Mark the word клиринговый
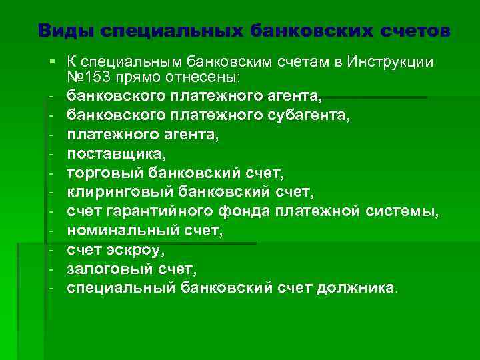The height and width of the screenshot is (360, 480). point(122,193)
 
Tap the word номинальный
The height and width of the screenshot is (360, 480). point(123,231)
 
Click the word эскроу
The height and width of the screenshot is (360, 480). point(141,251)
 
